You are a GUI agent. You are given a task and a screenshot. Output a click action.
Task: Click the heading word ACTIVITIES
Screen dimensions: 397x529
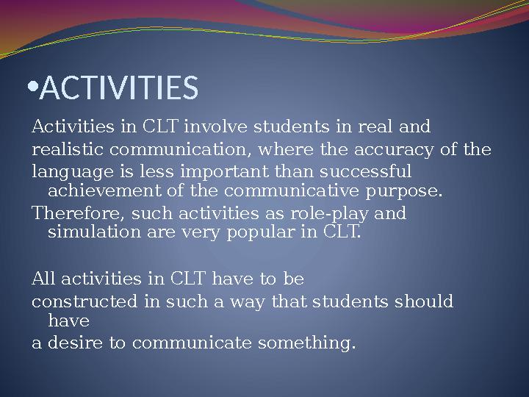click(x=119, y=88)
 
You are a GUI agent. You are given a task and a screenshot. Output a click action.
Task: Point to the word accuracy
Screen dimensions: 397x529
click(x=391, y=150)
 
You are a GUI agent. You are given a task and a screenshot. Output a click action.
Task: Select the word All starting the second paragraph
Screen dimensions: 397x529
click(x=43, y=279)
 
